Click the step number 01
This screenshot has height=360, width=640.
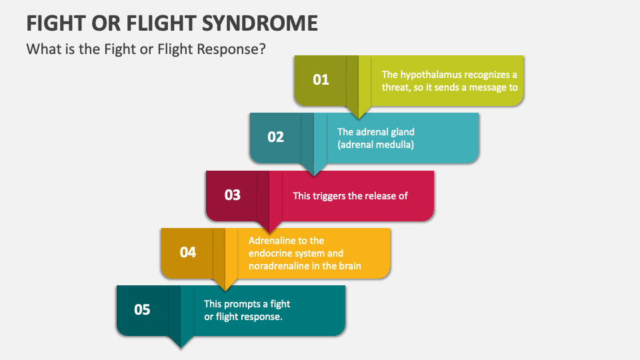click(321, 80)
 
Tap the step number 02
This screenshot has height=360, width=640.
click(276, 137)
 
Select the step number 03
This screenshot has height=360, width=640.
click(232, 195)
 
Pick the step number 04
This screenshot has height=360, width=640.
click(188, 253)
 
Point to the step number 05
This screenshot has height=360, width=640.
click(143, 310)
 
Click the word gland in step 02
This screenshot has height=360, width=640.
click(401, 132)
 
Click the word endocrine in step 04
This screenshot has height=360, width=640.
click(271, 253)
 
